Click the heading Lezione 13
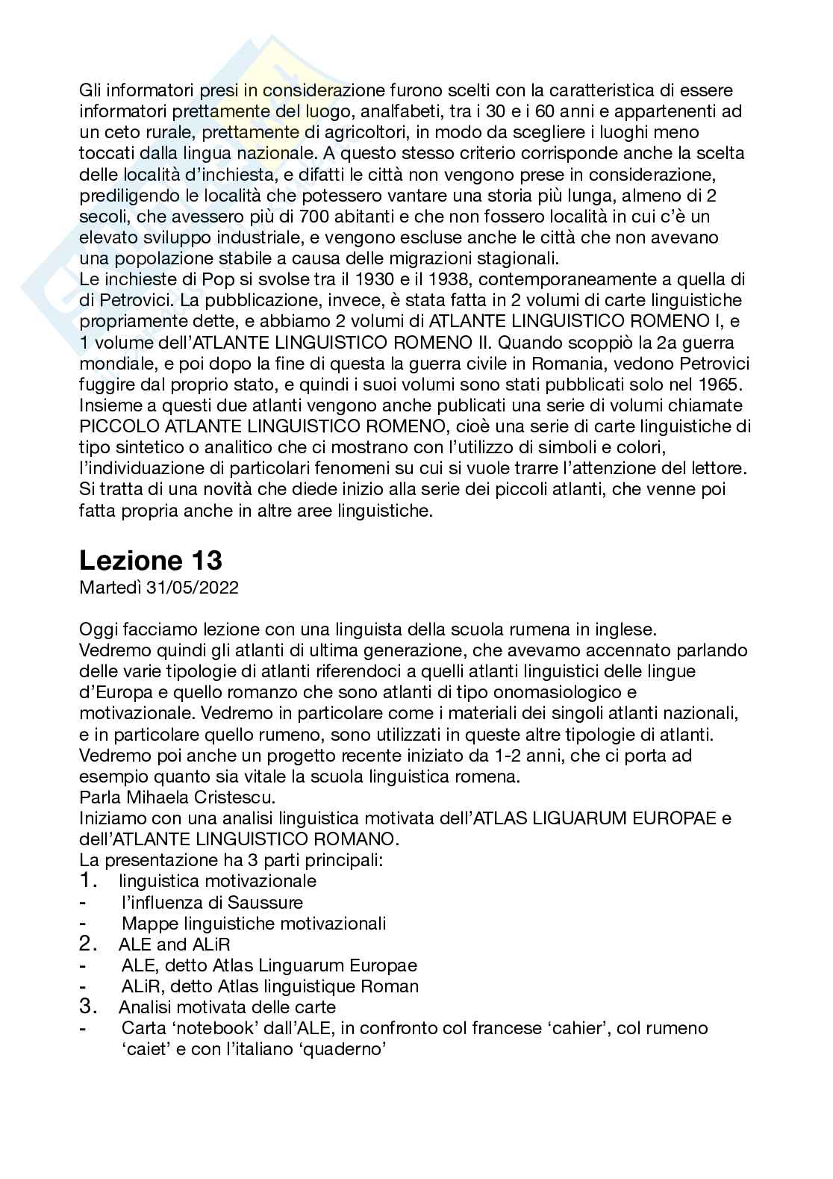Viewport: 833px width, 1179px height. (x=151, y=560)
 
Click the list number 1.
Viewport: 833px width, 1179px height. (x=88, y=881)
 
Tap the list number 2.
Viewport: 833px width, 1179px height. (x=88, y=944)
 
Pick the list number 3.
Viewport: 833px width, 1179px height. (x=88, y=1007)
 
